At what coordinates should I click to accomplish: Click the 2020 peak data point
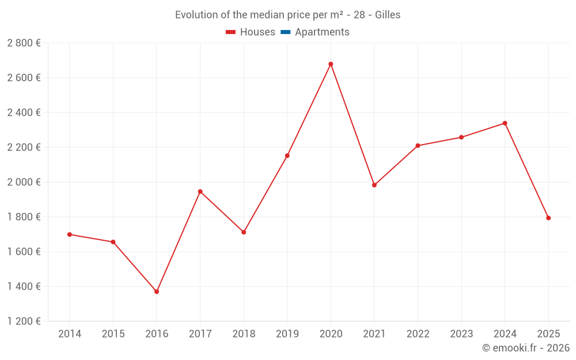(331, 64)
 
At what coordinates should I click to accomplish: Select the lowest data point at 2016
(157, 291)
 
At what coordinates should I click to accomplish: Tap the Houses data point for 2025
(548, 218)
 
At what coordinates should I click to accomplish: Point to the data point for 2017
(200, 191)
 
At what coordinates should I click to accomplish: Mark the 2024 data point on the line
(505, 123)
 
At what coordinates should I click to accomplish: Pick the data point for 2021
(374, 185)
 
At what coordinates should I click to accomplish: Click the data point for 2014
(70, 234)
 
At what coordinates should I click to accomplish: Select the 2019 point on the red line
(287, 156)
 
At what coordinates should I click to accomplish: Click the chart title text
(287, 15)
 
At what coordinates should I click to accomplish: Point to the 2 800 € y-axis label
(24, 43)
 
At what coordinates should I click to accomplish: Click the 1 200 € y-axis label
(24, 321)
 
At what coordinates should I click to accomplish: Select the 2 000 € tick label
(24, 182)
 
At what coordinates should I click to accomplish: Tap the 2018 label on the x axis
(244, 334)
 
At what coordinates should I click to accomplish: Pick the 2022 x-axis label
(418, 334)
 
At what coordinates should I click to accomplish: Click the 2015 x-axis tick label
(113, 334)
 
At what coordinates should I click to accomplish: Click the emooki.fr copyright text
(525, 348)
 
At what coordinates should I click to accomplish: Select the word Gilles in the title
(388, 15)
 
